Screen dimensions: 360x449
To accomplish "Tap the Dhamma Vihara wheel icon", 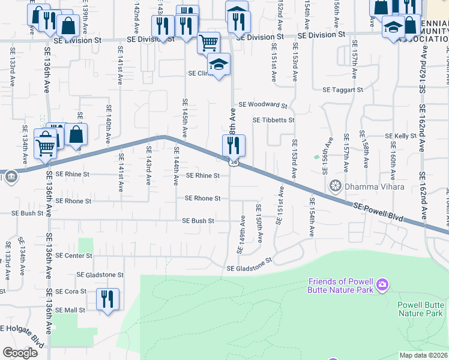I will pos(336,187).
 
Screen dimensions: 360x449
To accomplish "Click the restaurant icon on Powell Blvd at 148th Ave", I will pos(234,145).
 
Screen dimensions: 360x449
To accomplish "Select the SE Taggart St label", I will pos(343,89).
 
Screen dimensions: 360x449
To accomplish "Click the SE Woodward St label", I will pos(263,104).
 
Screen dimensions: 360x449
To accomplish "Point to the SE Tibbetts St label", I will pos(274,120).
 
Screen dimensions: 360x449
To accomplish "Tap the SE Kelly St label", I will pos(401,136).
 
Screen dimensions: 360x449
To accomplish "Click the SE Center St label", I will pos(74,255).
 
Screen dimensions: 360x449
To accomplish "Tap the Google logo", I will pos(20,353).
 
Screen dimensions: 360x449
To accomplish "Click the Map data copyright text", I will pos(424,355).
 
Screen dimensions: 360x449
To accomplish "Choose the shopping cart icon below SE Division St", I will pos(208,42).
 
